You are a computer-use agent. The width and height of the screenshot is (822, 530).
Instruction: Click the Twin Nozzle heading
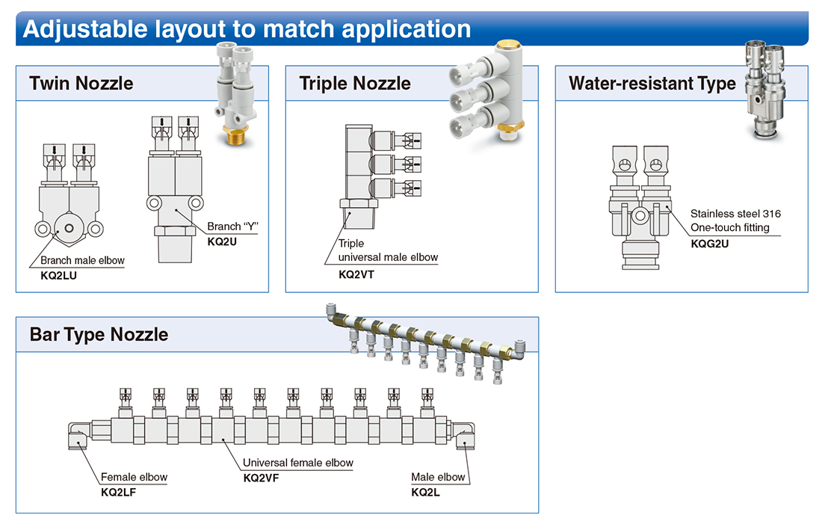tap(81, 84)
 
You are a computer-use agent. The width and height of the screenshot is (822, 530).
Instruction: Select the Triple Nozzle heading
tap(355, 84)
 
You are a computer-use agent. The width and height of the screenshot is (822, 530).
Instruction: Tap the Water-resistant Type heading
tap(652, 84)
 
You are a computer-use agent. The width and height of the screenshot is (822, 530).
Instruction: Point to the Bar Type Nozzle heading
tap(99, 334)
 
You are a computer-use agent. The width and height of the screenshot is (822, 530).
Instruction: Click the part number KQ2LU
tap(59, 276)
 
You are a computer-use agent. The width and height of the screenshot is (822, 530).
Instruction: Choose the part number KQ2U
tap(222, 241)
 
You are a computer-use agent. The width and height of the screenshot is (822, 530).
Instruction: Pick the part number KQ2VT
tap(356, 274)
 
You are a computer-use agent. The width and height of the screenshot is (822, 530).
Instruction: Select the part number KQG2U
tap(709, 244)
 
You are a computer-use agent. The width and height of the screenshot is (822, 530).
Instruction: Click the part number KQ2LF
tap(118, 493)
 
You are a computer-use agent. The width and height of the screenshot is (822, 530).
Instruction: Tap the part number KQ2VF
tap(261, 478)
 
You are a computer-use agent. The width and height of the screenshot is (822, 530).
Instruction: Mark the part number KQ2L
tap(425, 493)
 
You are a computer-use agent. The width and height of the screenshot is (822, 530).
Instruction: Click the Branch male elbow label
tap(82, 261)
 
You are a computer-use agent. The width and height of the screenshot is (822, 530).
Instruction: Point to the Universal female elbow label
tap(297, 463)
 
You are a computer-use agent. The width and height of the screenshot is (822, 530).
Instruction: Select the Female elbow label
tap(134, 477)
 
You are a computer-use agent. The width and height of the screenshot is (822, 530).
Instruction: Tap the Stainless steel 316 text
tap(735, 214)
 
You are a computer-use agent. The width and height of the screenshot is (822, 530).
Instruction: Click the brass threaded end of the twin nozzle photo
tap(235, 135)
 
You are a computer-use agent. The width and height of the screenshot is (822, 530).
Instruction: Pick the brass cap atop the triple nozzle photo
tap(509, 44)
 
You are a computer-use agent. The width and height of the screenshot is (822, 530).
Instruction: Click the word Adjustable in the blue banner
tap(85, 29)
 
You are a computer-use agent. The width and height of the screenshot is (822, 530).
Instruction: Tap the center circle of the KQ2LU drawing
tap(69, 228)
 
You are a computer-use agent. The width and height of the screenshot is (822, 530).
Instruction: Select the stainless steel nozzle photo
tap(764, 90)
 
